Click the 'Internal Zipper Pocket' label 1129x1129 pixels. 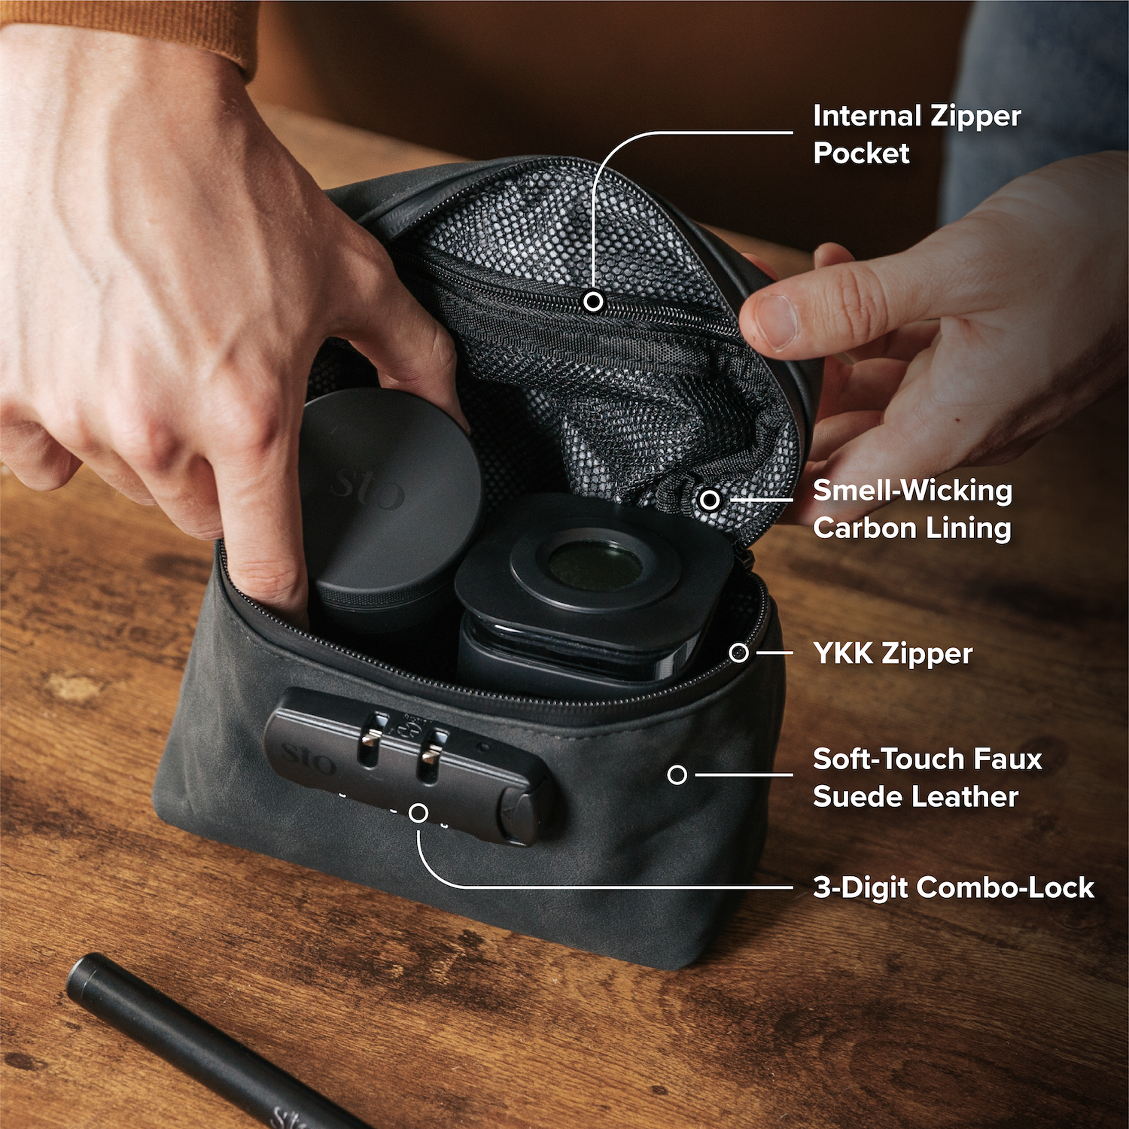[917, 135]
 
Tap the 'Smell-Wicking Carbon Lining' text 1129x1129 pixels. [912, 509]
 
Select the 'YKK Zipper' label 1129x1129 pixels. [893, 653]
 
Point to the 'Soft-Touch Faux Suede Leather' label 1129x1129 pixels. [927, 778]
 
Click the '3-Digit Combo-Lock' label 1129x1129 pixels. [953, 887]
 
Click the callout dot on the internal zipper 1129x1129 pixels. [594, 302]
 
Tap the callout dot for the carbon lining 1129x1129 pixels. [710, 499]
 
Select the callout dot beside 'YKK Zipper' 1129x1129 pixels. [739, 653]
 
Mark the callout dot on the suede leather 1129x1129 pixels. [677, 774]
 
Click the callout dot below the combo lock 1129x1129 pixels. [419, 813]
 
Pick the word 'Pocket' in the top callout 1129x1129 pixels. [861, 154]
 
